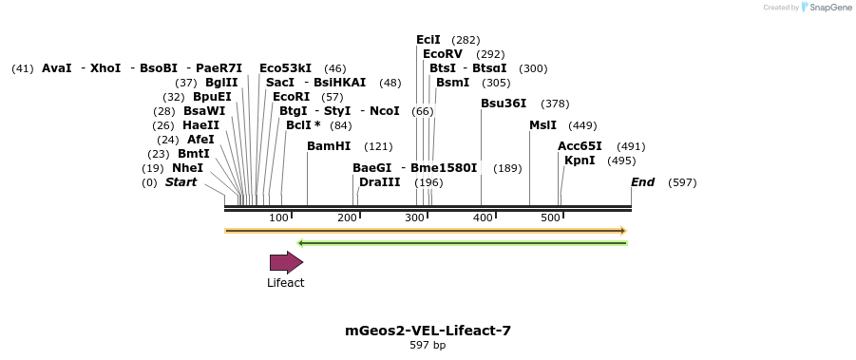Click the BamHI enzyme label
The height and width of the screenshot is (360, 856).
pyautogui.click(x=329, y=146)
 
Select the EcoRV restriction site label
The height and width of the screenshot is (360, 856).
pyautogui.click(x=443, y=54)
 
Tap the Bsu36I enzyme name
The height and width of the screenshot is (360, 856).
pyautogui.click(x=504, y=104)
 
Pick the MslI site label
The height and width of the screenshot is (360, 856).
pyautogui.click(x=543, y=125)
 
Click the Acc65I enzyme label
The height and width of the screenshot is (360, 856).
pyautogui.click(x=580, y=146)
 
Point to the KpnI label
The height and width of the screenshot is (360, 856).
pyautogui.click(x=580, y=161)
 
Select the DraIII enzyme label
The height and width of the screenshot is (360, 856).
pyautogui.click(x=380, y=182)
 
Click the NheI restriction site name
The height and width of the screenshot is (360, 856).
pyautogui.click(x=187, y=168)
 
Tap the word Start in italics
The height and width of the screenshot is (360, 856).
pyautogui.click(x=181, y=182)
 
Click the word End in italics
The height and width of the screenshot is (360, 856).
pyautogui.click(x=643, y=182)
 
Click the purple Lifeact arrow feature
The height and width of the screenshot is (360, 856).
pyautogui.click(x=286, y=262)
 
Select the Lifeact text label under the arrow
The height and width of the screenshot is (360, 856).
pyautogui.click(x=285, y=283)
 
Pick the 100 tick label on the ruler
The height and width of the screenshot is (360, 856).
pyautogui.click(x=278, y=218)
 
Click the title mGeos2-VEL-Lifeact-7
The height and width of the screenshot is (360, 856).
pyautogui.click(x=428, y=331)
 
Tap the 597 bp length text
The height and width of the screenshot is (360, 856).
pyautogui.click(x=428, y=346)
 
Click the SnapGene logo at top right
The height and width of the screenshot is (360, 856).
pyautogui.click(x=826, y=8)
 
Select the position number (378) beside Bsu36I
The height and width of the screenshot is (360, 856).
pyautogui.click(x=555, y=104)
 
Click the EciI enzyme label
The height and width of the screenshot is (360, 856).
pyautogui.click(x=428, y=40)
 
